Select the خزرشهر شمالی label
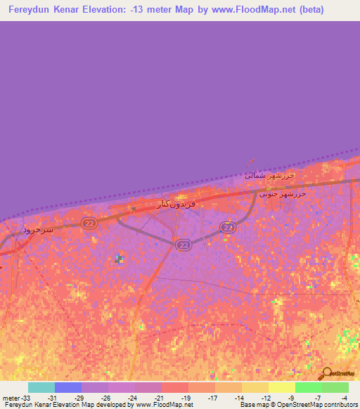click(269, 175)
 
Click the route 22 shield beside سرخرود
click(88, 223)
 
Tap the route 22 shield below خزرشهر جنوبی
click(227, 227)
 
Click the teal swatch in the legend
click(41, 387)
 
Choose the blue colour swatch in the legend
click(68, 387)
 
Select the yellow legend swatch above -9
click(282, 387)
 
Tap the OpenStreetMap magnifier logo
click(326, 374)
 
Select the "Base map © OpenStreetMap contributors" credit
click(299, 405)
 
